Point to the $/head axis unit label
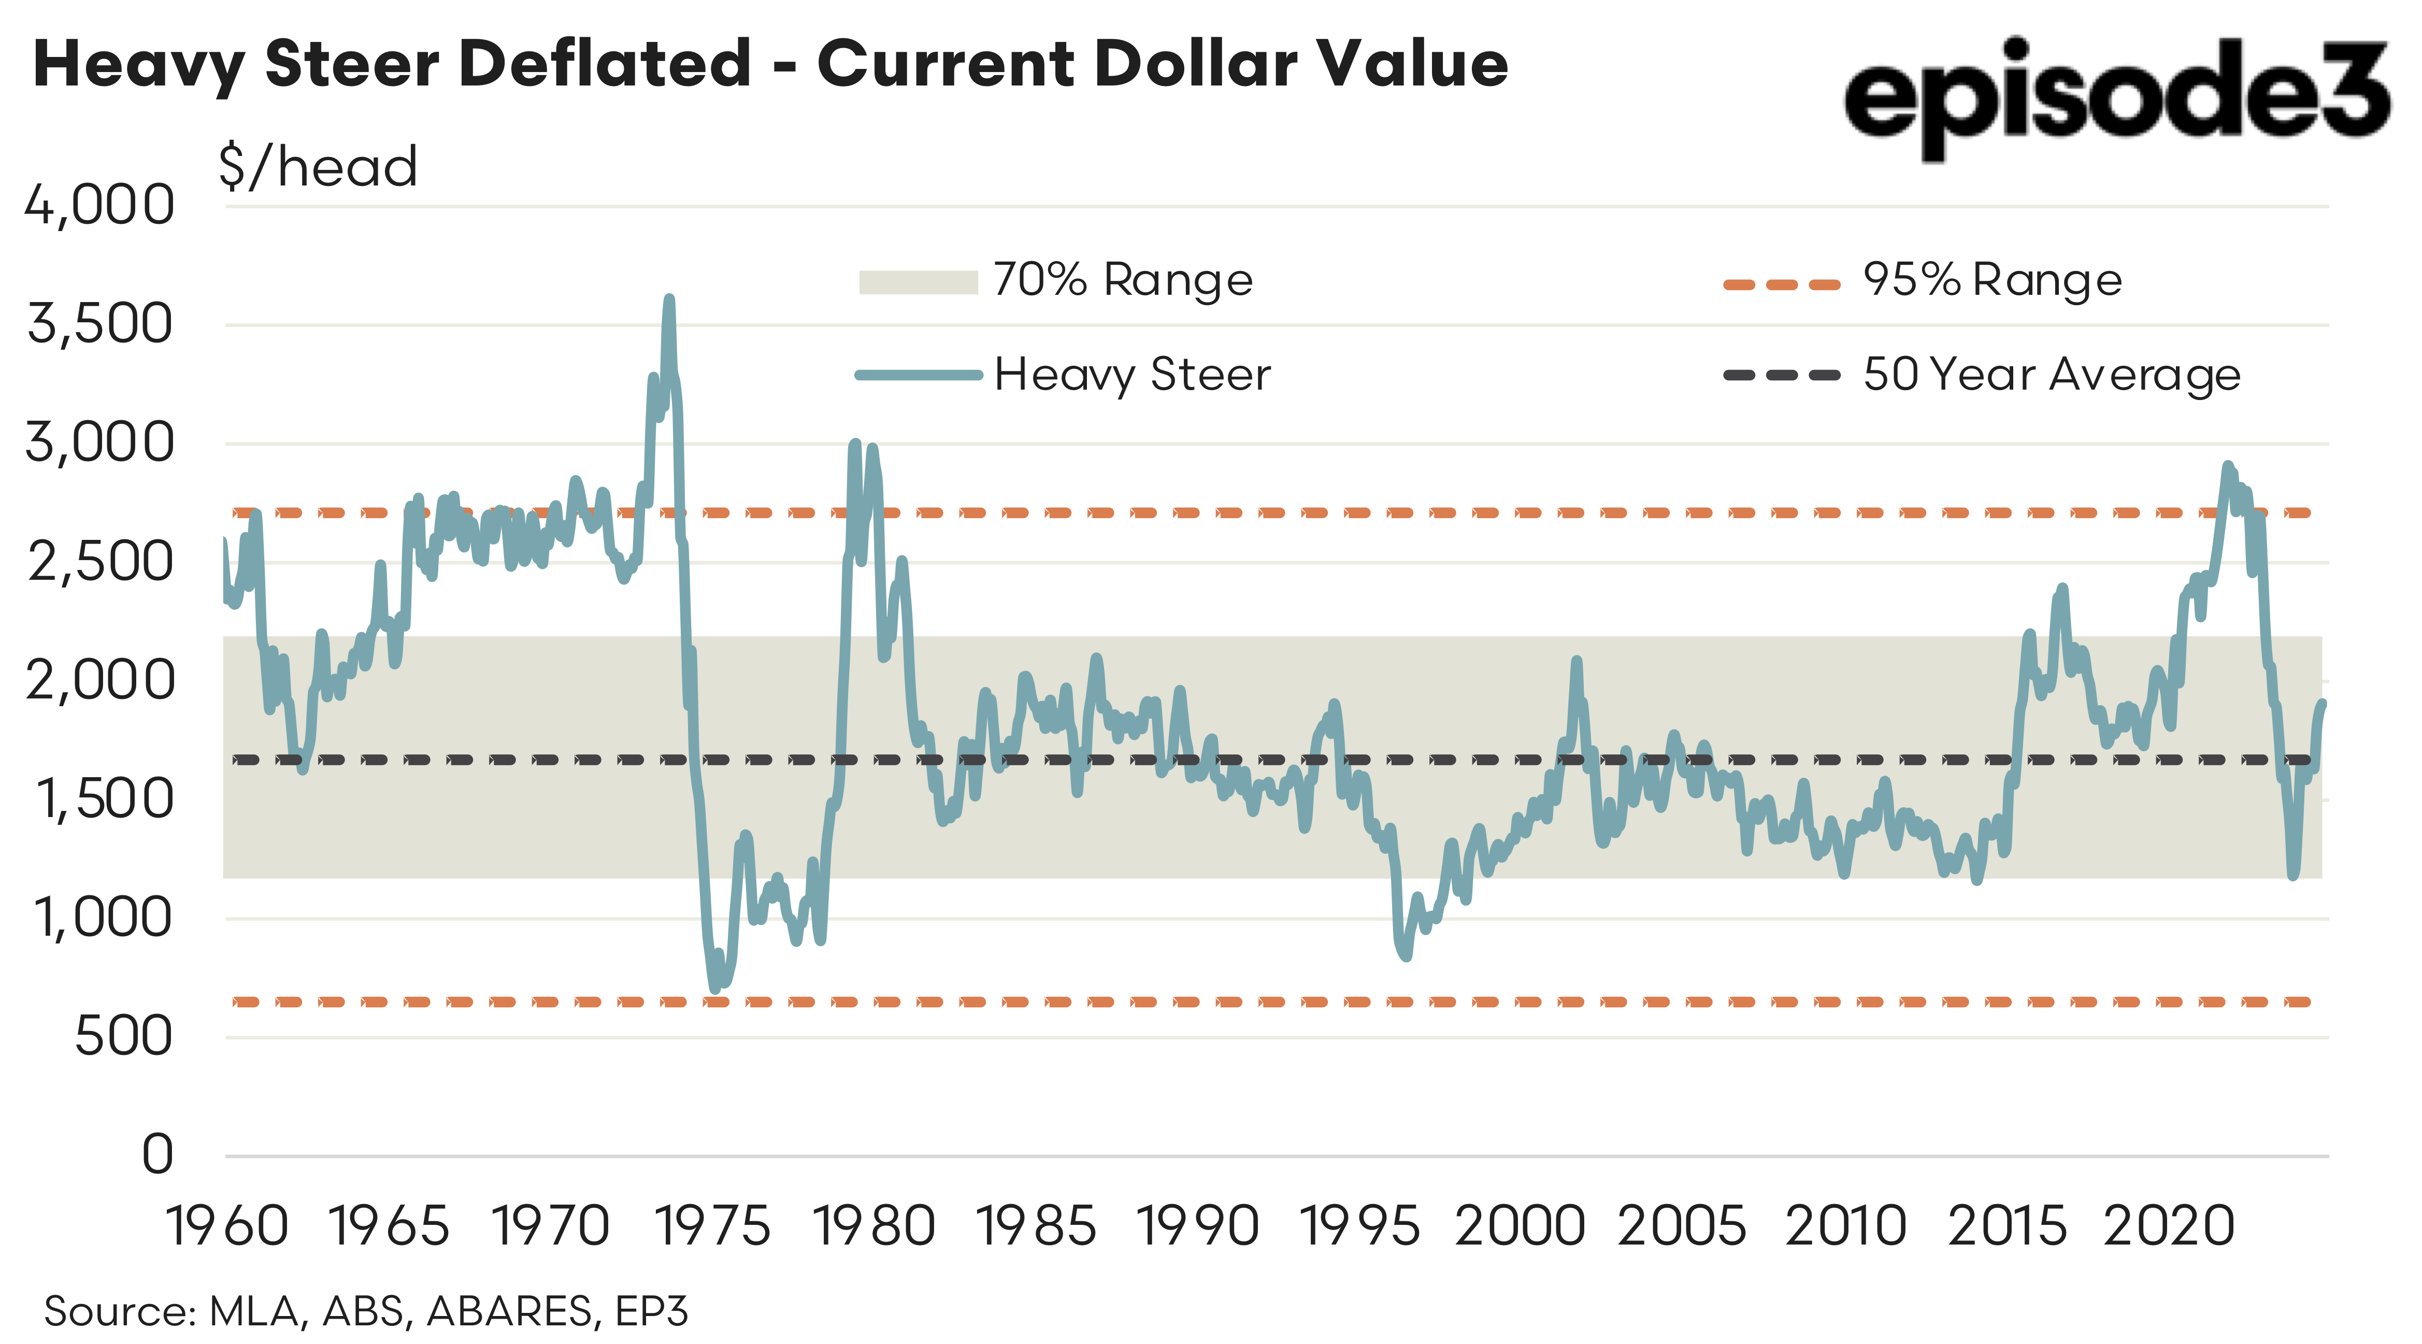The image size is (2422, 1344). [x=318, y=167]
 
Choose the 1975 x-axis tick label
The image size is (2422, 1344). [x=712, y=1226]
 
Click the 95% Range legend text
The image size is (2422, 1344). [x=1993, y=280]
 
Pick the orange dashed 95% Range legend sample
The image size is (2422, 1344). [x=1781, y=284]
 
